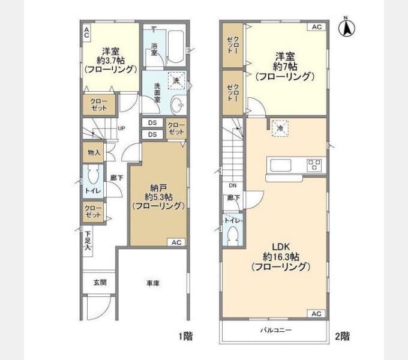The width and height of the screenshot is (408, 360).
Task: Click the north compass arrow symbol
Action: [x=347, y=28]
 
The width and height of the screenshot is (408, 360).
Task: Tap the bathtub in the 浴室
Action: [x=176, y=47]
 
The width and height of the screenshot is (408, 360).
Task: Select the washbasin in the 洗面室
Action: [x=179, y=105]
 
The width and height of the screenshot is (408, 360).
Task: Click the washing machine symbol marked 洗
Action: [x=176, y=80]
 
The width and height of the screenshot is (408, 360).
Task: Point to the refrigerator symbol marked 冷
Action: [x=280, y=128]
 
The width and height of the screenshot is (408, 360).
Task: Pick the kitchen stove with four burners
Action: [x=314, y=165]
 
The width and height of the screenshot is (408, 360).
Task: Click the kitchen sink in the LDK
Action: [x=281, y=165]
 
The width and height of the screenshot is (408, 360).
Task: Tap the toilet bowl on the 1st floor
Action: [x=93, y=175]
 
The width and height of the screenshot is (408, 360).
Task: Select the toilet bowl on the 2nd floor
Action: [x=233, y=235]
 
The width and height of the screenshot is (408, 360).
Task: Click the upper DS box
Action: [x=152, y=123]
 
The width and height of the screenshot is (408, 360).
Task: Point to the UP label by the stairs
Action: [x=122, y=128]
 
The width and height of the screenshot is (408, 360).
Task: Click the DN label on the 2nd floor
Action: [x=233, y=185]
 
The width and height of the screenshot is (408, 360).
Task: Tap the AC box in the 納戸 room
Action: [x=176, y=242]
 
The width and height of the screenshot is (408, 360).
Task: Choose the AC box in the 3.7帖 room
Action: [x=86, y=32]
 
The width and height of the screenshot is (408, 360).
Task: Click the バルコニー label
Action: [x=276, y=330]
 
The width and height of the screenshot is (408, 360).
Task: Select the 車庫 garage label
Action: [x=153, y=283]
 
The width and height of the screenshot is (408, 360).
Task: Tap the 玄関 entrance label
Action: [x=100, y=282]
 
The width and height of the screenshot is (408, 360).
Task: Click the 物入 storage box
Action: [x=94, y=152]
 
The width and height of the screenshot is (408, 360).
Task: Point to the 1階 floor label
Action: [x=185, y=337]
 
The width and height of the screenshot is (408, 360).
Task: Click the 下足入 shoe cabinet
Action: [x=88, y=241]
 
